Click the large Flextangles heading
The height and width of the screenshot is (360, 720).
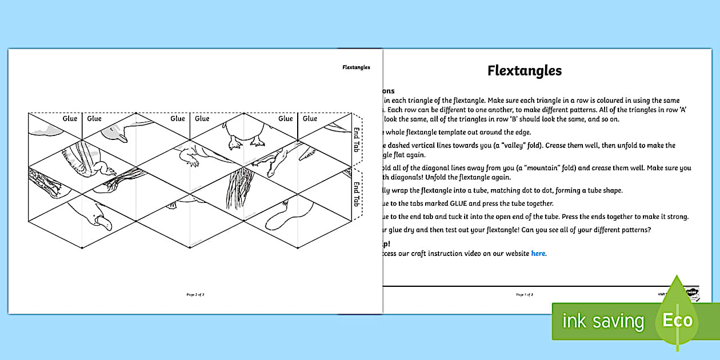[524, 70]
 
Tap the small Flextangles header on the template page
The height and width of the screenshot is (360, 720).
[356, 67]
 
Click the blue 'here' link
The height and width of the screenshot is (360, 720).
[538, 254]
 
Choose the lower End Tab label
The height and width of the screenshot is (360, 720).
[357, 194]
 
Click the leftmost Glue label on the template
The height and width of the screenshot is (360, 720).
[70, 118]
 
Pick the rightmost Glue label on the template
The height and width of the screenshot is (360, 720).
[310, 118]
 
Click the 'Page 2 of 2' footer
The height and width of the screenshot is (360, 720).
[195, 295]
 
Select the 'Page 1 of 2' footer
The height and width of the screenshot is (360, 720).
[525, 295]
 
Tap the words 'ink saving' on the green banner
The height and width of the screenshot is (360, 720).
[603, 321]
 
